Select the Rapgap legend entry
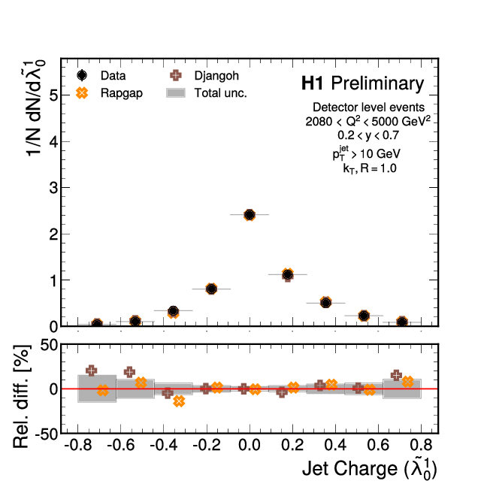[x=105, y=93]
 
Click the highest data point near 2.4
[x=250, y=215]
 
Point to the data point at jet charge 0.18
[x=287, y=274]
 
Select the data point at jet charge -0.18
[x=211, y=289]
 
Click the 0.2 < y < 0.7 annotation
[x=369, y=135]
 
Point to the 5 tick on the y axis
[x=53, y=95]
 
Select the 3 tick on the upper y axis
[x=53, y=188]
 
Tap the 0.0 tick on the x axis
[x=249, y=445]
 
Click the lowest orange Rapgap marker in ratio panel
[x=179, y=401]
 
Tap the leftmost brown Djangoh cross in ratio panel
[x=92, y=371]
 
